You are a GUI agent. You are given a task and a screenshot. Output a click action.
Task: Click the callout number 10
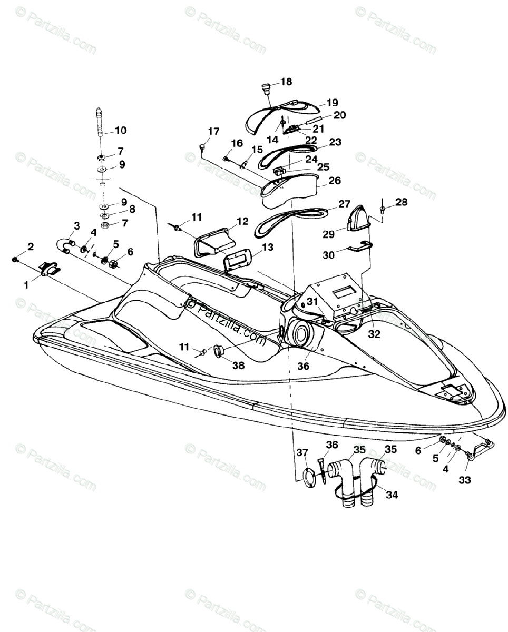pyautogui.click(x=120, y=130)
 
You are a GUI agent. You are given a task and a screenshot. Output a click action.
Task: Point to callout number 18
pyautogui.click(x=286, y=82)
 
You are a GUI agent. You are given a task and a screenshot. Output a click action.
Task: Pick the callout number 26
pyautogui.click(x=335, y=181)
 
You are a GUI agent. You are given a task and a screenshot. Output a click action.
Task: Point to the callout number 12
pyautogui.click(x=242, y=222)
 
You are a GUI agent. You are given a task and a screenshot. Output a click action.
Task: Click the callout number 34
pyautogui.click(x=392, y=495)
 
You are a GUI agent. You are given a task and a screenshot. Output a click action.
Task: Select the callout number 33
pyautogui.click(x=465, y=480)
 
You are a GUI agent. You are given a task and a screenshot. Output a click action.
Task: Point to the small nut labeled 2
pyautogui.click(x=16, y=260)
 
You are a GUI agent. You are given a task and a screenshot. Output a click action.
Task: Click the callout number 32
pyautogui.click(x=374, y=333)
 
